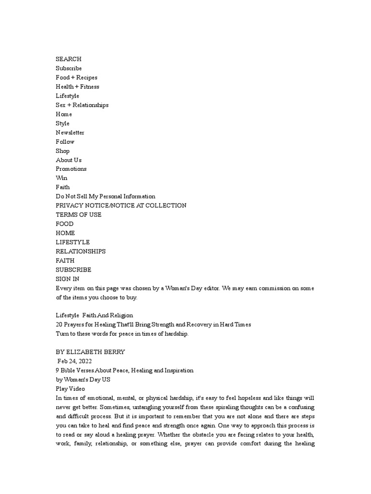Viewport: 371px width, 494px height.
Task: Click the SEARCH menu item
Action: (68, 59)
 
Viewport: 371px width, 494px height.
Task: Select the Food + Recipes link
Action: (76, 77)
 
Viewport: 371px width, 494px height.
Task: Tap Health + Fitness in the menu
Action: (77, 86)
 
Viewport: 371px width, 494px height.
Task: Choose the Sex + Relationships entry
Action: (82, 105)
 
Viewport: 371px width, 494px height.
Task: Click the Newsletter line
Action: (70, 132)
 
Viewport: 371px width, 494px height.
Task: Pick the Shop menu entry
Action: (62, 151)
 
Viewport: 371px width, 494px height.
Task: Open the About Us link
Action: (69, 160)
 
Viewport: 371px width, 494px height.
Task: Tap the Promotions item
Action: (71, 169)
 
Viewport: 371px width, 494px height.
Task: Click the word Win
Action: (61, 178)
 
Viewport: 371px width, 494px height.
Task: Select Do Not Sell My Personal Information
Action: (105, 196)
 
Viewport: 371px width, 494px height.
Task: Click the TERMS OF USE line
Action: (78, 215)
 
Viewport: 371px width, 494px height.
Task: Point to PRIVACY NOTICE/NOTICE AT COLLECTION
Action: (121, 206)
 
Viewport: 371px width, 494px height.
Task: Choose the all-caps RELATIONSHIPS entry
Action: (80, 251)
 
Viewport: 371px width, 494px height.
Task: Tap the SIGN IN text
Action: (68, 279)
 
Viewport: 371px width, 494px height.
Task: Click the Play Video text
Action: (70, 389)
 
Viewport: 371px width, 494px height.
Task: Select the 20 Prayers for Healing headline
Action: (153, 325)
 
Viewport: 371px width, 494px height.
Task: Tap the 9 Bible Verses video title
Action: (124, 370)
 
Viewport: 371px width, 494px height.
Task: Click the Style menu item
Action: (62, 123)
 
